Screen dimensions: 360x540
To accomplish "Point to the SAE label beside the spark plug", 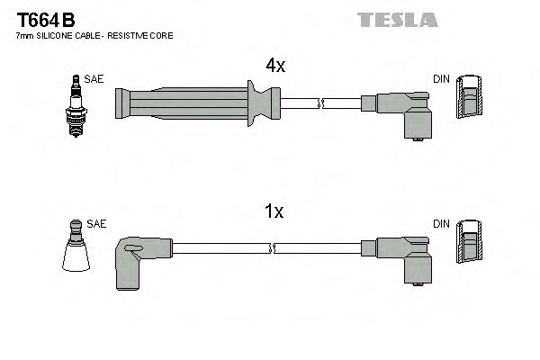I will tap(93, 79).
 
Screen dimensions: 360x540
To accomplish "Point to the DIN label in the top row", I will tap(440, 79).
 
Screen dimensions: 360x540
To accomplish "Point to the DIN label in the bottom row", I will tap(440, 223).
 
